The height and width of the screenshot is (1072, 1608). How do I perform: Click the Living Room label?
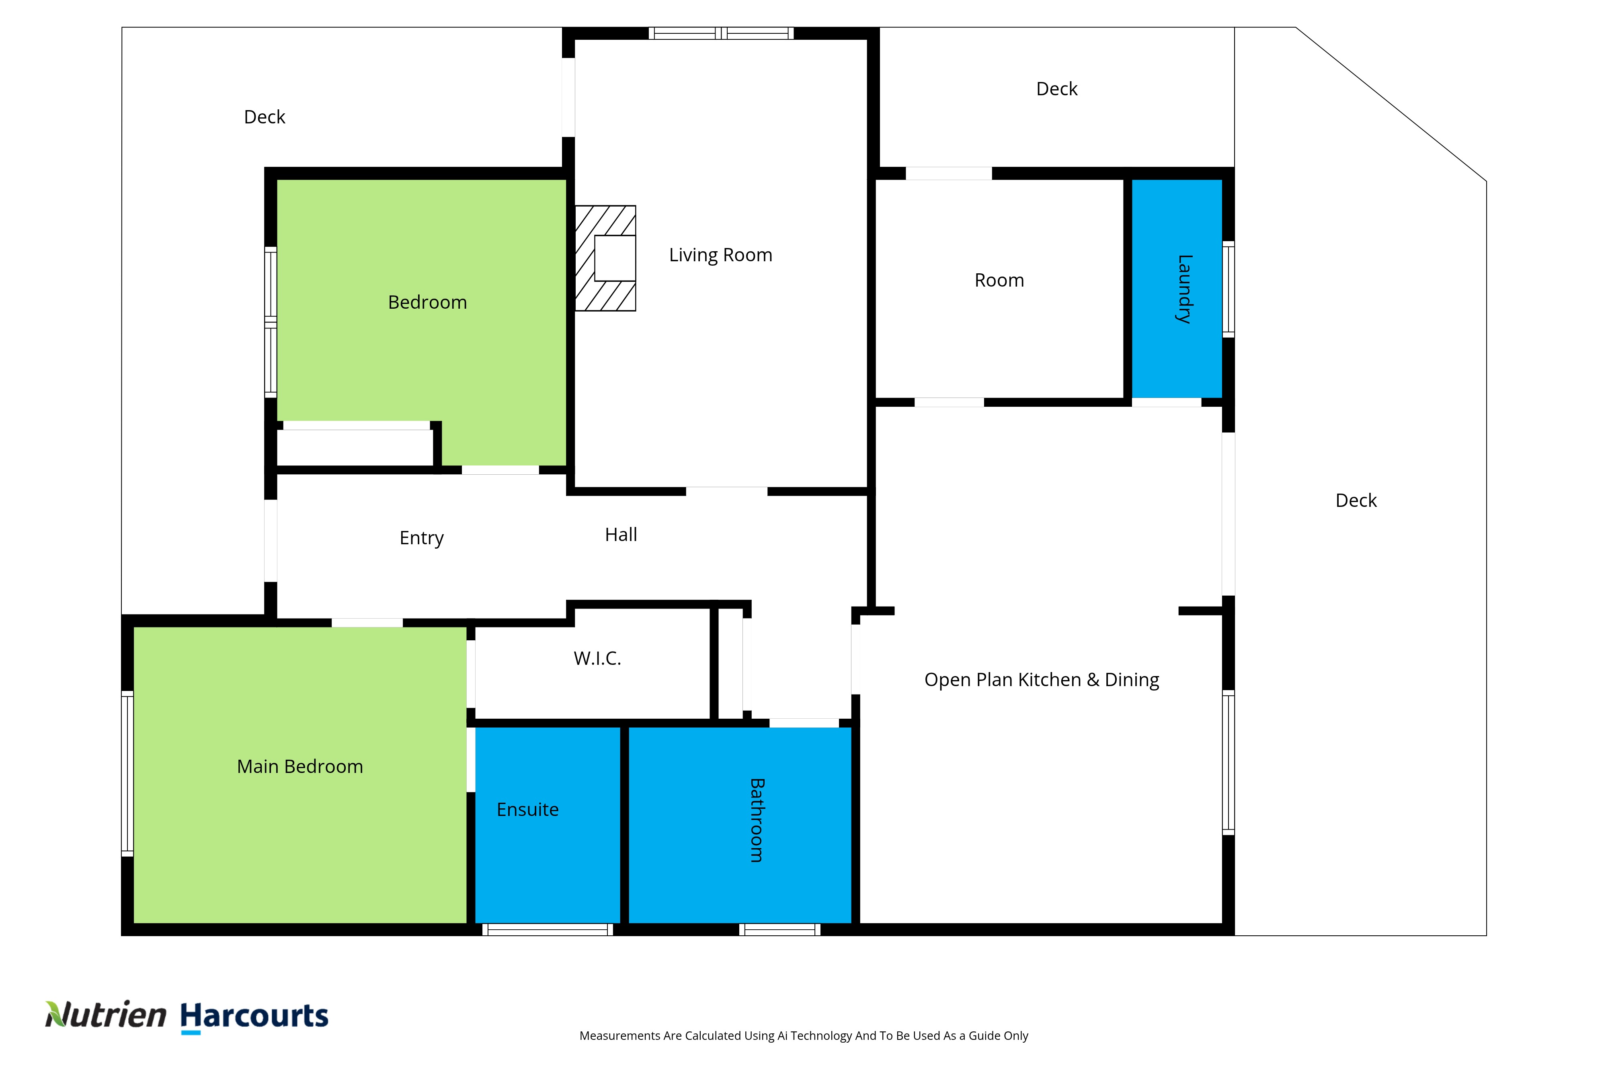click(721, 255)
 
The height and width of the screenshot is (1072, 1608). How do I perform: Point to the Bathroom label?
click(757, 820)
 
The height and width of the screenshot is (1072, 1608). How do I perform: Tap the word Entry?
click(421, 538)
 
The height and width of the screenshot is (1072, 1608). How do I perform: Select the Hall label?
click(621, 535)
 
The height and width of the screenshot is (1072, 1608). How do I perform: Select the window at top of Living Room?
click(721, 33)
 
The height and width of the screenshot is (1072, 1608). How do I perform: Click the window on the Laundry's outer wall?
click(1229, 289)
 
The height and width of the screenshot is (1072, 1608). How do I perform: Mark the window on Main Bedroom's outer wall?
click(127, 773)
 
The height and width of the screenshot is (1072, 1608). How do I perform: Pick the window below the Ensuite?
click(548, 930)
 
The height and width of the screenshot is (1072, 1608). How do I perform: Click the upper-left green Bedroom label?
click(427, 302)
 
